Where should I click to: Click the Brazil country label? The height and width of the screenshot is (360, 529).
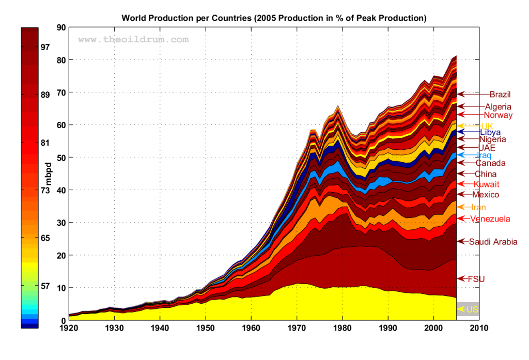tap(500, 94)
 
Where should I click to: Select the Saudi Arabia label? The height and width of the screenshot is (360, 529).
tap(493, 241)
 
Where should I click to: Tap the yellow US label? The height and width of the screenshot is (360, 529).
tap(472, 309)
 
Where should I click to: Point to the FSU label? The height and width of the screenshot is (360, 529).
tap(476, 279)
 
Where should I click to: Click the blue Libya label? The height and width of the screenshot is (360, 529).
tap(490, 132)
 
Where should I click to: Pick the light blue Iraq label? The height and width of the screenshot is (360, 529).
tap(483, 155)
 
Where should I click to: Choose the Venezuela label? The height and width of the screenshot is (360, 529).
tap(490, 219)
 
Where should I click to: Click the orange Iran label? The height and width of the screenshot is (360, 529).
tap(478, 207)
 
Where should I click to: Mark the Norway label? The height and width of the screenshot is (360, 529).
tap(498, 115)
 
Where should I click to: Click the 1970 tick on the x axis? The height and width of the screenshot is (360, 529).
tap(297, 327)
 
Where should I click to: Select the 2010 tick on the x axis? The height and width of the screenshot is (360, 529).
tap(479, 327)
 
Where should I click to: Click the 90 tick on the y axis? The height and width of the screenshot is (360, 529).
tap(60, 27)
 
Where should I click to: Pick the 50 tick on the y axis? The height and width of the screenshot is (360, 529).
tap(60, 157)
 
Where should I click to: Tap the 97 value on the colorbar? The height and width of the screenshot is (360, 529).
tap(45, 47)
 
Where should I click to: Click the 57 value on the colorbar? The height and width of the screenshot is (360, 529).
tap(45, 286)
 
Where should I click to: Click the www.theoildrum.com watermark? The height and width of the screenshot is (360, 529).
tap(133, 39)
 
